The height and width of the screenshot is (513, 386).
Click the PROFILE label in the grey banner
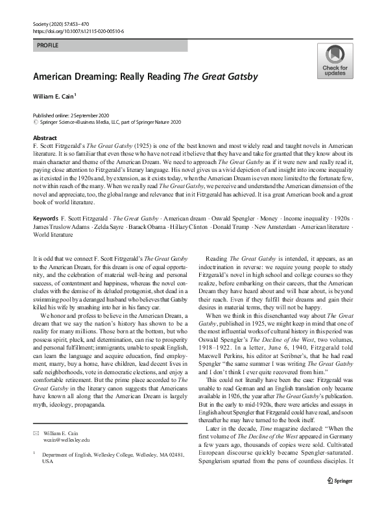(47, 46)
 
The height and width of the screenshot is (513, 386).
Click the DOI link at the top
(78, 30)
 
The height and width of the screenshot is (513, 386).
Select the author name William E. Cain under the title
(54, 96)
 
